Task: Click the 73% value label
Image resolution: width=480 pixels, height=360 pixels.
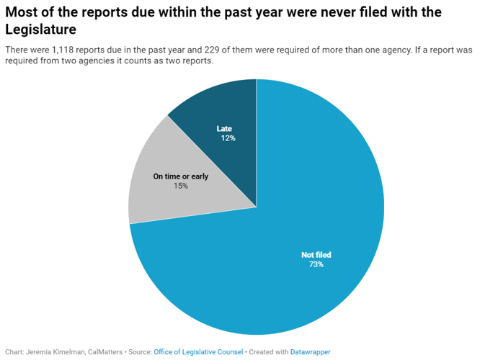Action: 316,265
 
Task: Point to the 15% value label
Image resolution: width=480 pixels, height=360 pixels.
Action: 180,186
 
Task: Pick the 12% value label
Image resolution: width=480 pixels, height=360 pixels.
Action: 228,138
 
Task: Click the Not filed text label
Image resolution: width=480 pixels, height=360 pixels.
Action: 316,255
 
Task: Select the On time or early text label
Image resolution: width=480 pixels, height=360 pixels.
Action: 180,176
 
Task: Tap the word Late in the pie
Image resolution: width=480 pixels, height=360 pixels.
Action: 224,129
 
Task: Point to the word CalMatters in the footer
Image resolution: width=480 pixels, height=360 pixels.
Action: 107,352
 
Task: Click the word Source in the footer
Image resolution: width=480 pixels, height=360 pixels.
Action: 140,352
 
